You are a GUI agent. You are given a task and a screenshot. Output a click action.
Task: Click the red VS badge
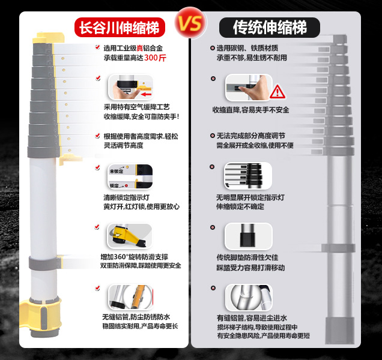pos(190,23)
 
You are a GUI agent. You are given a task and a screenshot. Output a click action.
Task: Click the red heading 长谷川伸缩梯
pos(120,27)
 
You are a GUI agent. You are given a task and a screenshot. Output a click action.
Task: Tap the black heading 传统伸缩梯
pos(270,27)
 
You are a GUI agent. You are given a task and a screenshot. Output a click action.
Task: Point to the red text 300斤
pos(155,58)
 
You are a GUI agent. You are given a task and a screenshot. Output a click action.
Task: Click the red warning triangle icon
pos(277,92)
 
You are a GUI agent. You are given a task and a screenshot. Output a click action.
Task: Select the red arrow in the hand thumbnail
pos(147,94)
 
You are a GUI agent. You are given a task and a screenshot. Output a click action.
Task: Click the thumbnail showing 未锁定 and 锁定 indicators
pos(130,177)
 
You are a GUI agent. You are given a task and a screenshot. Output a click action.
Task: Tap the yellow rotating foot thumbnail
pos(130,236)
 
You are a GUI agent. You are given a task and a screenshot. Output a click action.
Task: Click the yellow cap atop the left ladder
pos(49,38)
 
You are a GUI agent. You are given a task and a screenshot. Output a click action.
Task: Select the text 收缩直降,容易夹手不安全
pos(250,110)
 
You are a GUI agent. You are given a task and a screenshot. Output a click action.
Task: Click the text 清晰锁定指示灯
pos(127,197)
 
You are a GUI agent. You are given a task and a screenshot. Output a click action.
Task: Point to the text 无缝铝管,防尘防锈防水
pos(136,317)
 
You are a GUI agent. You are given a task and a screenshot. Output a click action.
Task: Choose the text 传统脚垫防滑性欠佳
pos(247,257)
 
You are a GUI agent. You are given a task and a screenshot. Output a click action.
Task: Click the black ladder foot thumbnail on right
pos(249,236)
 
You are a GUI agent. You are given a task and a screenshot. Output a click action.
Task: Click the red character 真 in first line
pos(139,48)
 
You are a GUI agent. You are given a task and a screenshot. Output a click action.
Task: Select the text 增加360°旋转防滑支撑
pos(134,257)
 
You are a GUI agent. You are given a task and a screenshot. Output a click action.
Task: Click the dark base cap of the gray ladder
pos(339,331)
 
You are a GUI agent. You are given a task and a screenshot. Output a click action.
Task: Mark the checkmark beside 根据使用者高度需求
pos(98,136)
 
